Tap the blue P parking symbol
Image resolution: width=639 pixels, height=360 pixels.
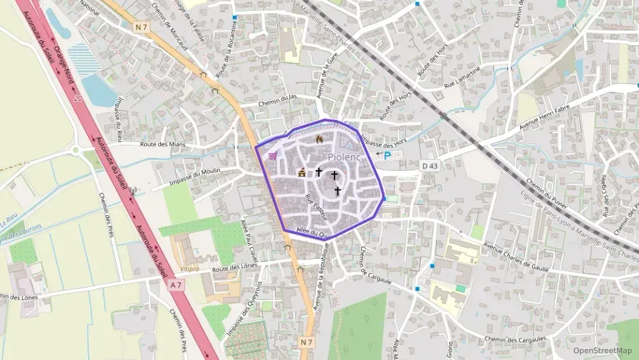(388, 156)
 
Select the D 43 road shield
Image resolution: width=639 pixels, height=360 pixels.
(429, 165)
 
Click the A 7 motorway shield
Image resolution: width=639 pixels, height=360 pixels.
(176, 284)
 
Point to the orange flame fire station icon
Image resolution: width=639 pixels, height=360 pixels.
(319, 139)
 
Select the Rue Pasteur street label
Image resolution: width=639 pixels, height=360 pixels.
(316, 206)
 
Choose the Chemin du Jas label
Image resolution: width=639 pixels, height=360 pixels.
(278, 102)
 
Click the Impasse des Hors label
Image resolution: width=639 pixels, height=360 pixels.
(382, 143)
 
